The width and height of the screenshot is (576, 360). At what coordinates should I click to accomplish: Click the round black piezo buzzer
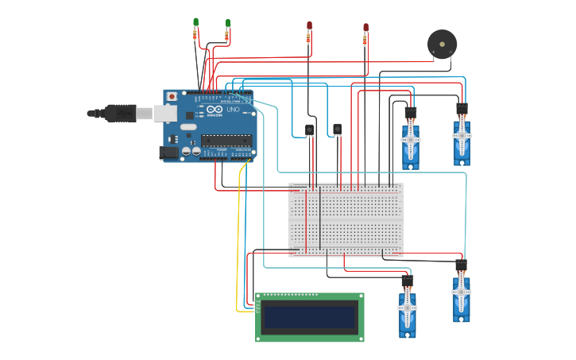441,44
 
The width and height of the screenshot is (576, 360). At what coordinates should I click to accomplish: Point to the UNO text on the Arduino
234,110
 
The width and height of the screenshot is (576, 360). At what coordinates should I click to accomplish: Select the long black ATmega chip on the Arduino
226,141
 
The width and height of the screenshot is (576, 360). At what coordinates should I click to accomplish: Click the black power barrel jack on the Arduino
169,153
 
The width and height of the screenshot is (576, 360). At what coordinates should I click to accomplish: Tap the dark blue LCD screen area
309,318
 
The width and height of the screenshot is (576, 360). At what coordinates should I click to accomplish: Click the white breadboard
346,220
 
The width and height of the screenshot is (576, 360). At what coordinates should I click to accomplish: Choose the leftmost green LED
195,21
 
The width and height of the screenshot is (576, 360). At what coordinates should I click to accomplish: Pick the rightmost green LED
227,23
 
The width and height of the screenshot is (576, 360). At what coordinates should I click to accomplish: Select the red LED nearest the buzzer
365,28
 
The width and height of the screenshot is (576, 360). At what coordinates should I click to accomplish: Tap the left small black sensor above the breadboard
310,129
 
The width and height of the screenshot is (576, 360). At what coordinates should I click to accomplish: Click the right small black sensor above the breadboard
338,128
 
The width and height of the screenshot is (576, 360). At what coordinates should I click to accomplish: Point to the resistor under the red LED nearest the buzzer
365,39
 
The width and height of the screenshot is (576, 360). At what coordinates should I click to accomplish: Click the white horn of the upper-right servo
462,136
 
